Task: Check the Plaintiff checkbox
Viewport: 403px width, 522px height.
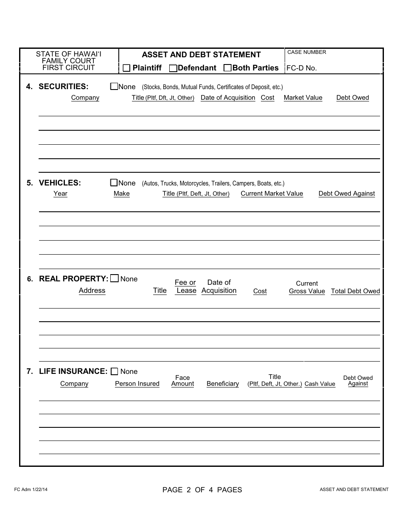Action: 126,68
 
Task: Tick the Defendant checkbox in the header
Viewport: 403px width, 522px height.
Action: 173,68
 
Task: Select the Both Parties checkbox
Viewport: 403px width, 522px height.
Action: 227,68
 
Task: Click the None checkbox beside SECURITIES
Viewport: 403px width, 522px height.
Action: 114,87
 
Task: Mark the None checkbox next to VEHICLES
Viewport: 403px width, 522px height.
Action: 114,183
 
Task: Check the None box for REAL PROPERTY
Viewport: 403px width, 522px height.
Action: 115,279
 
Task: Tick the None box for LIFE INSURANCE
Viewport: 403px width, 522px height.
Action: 115,371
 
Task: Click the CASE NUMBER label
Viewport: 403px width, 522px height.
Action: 307,52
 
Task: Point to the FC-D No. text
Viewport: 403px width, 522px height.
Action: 302,68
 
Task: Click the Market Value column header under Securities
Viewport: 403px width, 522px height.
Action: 303,98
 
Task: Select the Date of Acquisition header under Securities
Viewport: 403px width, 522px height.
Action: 228,98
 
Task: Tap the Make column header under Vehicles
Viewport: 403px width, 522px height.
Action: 122,194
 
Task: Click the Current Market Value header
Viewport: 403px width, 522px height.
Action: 272,194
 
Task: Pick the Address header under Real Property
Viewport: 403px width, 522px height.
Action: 92,291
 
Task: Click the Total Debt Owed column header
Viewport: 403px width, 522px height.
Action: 355,291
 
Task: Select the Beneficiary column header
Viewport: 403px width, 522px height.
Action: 223,384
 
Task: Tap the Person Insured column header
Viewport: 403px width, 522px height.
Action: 137,384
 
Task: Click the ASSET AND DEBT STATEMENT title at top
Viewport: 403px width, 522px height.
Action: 201,55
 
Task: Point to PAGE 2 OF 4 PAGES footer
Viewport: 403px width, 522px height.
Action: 202,490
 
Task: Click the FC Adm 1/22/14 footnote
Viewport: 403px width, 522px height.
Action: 31,490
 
